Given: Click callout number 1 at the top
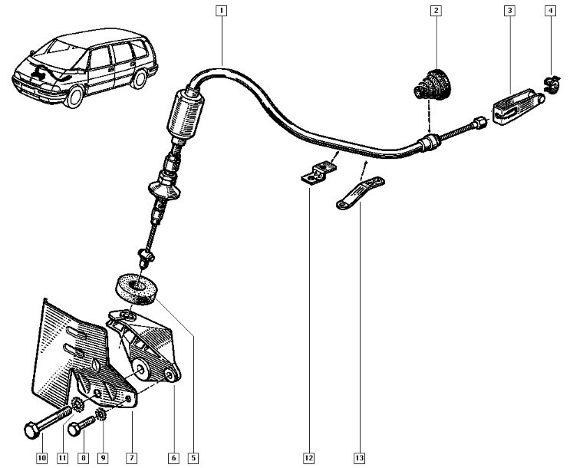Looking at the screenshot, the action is click(221, 11).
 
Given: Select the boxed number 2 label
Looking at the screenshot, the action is click(436, 11).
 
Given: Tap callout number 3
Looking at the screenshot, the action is click(509, 11).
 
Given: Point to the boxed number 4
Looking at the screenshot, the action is click(551, 11).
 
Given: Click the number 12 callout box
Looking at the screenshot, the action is click(308, 458).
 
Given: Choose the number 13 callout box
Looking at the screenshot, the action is click(359, 458).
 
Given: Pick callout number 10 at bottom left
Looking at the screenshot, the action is click(41, 458).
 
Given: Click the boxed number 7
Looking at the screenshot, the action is click(131, 458).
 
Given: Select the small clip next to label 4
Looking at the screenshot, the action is click(552, 84).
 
